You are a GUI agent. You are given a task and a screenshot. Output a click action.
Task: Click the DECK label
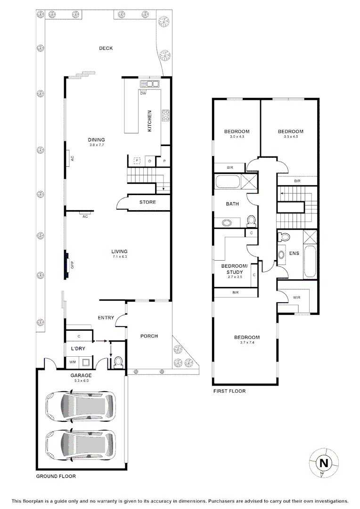[x=106, y=48]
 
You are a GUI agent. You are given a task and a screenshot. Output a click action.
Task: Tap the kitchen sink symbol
[x=149, y=84]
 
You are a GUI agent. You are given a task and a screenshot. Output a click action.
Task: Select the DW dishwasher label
[x=143, y=93]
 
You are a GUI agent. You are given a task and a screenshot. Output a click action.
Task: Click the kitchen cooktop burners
[x=166, y=115]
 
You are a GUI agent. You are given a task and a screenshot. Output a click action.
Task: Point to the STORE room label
[x=147, y=202]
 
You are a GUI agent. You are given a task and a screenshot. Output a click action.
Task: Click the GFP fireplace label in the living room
[x=72, y=264]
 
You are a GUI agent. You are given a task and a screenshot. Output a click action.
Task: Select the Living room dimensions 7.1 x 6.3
[x=120, y=257]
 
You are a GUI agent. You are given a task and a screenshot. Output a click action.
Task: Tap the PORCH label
[x=149, y=336]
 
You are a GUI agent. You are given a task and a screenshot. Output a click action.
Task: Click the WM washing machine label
[x=73, y=362]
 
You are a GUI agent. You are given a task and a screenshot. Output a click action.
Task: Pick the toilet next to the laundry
[x=118, y=361]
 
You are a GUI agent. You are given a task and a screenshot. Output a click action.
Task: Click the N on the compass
[x=324, y=463]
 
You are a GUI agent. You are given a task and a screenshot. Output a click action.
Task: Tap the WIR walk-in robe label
[x=296, y=297]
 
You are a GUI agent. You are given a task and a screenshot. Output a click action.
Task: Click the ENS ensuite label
[x=294, y=253]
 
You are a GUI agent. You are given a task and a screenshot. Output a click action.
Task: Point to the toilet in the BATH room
[x=251, y=220]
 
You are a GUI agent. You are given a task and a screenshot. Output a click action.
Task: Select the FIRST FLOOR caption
[x=229, y=391]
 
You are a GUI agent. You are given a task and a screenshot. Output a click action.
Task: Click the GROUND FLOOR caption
[x=56, y=476]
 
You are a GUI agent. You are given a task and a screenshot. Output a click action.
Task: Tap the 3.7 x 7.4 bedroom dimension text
[x=247, y=343]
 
